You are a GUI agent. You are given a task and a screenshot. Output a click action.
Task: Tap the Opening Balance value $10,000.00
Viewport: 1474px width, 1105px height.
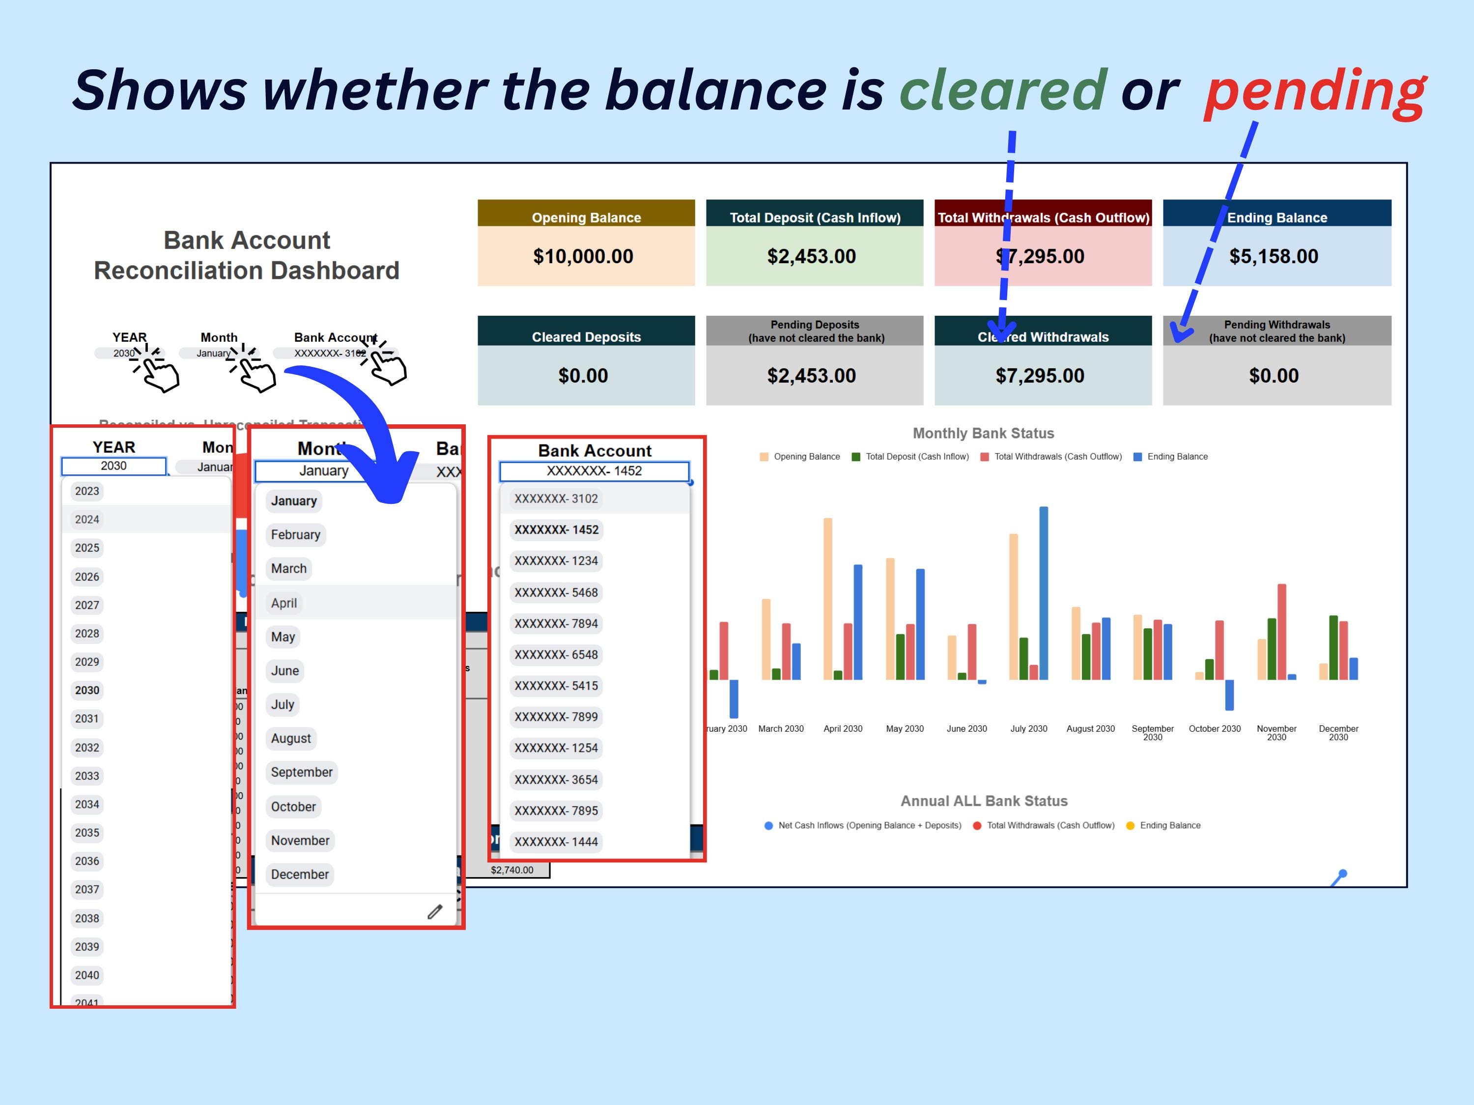[x=583, y=256]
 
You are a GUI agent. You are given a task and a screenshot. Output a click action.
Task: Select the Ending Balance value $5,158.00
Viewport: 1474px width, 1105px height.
[x=1274, y=256]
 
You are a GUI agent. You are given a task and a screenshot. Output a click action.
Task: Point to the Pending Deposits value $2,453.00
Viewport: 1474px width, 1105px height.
[x=811, y=376]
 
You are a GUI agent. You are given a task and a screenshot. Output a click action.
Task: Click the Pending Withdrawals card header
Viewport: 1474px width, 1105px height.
[x=1277, y=331]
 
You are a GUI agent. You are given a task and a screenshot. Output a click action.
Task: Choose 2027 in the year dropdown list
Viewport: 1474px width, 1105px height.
[x=87, y=605]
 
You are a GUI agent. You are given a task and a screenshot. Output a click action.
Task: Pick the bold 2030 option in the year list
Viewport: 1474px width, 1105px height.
[x=87, y=690]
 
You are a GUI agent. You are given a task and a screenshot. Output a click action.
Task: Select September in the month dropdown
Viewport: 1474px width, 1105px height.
[x=301, y=772]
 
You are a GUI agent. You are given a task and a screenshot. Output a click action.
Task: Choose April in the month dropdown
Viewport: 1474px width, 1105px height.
[x=284, y=603]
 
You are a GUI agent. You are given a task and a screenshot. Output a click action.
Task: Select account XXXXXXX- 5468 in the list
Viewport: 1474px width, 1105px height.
[x=556, y=592]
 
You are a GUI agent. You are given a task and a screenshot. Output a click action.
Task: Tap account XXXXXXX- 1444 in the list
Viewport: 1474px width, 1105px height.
[x=556, y=842]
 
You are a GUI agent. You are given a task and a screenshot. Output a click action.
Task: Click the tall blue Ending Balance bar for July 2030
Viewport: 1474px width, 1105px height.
[x=1044, y=593]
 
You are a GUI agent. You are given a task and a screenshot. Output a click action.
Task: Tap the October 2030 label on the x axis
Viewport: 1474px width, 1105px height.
[x=1214, y=729]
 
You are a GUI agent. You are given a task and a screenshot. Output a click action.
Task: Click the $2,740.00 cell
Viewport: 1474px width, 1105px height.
[x=512, y=870]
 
